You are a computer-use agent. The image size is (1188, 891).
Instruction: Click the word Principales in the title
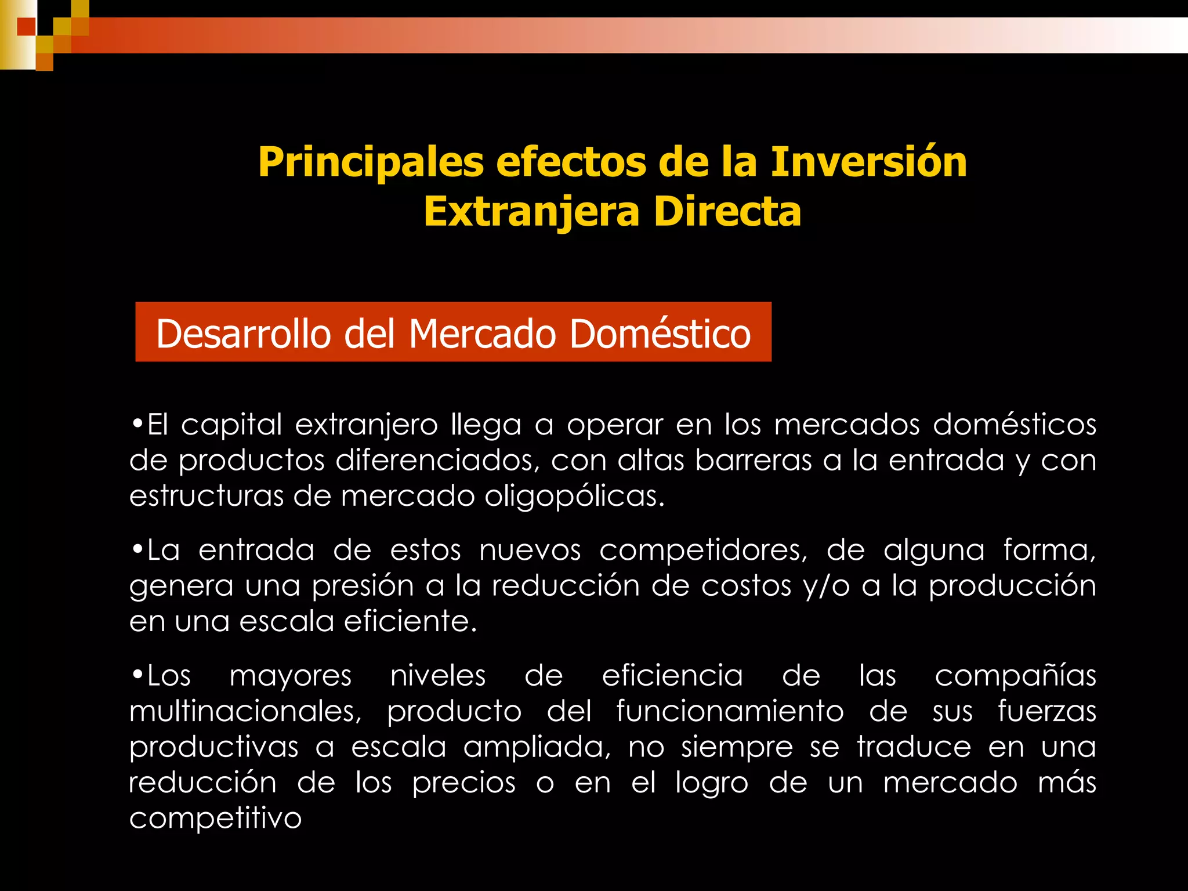tap(371, 162)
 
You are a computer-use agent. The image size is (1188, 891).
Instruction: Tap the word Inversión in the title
tap(868, 162)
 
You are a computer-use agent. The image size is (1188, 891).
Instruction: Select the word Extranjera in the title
tap(531, 212)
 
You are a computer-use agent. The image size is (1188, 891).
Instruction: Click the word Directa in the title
tap(727, 212)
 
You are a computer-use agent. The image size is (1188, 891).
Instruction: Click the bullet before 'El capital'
tap(137, 423)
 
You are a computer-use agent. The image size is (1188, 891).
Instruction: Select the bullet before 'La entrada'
tap(137, 549)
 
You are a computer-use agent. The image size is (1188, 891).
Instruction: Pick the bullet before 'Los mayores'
tap(137, 674)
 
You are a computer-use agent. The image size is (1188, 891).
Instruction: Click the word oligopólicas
tap(575, 497)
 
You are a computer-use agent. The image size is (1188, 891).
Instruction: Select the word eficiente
tap(411, 621)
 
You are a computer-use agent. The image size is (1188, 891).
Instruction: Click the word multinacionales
tap(245, 711)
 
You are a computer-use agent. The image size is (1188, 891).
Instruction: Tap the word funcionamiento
tap(730, 711)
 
